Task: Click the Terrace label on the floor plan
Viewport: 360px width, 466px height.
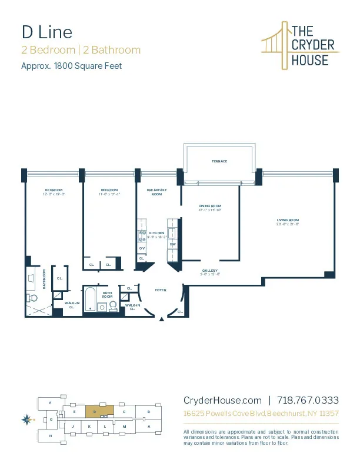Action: (x=219, y=161)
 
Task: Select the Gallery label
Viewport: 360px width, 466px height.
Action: (x=209, y=271)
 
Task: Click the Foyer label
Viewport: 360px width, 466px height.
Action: (x=161, y=290)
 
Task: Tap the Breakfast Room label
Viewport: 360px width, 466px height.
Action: (x=157, y=192)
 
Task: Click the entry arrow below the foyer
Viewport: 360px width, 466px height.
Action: (x=162, y=319)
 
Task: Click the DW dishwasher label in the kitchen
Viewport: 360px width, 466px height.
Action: (x=172, y=244)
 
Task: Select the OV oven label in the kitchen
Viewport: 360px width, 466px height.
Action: (x=142, y=249)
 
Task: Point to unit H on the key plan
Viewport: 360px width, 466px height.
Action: (x=51, y=435)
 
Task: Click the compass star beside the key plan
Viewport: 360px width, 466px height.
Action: (x=26, y=420)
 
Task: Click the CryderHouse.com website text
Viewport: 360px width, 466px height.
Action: (x=222, y=400)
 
